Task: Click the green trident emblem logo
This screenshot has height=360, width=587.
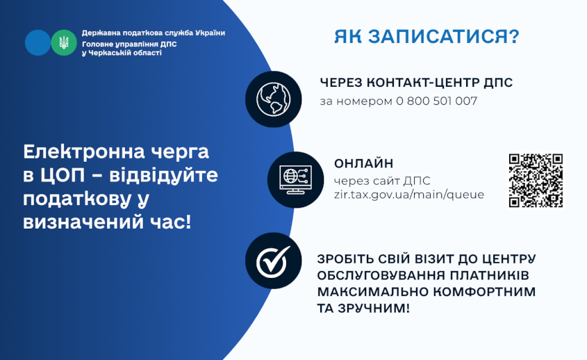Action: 64,42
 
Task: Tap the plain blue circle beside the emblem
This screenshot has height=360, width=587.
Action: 38,42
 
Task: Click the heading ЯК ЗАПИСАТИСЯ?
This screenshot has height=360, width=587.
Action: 427,37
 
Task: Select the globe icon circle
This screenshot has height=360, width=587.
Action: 273,99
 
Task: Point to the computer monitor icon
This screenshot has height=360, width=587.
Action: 295,180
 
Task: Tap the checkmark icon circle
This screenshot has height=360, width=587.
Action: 273,261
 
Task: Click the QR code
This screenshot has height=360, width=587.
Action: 536,180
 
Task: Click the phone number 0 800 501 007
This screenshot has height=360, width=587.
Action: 436,101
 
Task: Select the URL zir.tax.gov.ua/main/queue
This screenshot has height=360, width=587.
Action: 408,195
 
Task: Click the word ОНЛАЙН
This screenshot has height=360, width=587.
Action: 363,163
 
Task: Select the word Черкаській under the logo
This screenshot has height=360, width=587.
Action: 112,53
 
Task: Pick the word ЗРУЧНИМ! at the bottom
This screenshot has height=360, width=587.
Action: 373,309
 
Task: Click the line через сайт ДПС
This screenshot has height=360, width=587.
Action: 382,181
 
